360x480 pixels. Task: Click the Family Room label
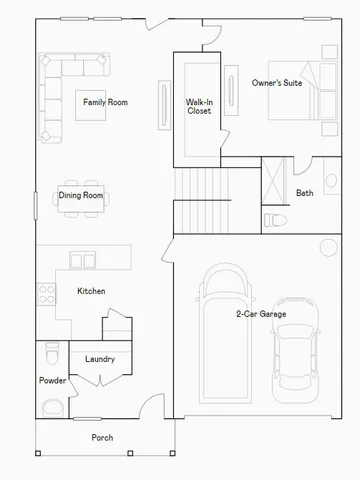[104, 102]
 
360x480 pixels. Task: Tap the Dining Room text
[80, 195]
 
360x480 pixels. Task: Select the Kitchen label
[91, 291]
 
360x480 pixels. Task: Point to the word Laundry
[99, 359]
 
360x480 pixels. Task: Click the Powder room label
[52, 381]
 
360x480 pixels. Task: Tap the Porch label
[102, 438]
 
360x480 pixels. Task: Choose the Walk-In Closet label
[198, 106]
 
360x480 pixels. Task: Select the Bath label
[305, 193]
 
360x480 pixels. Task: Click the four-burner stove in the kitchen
[45, 293]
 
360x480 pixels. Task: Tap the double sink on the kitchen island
[75, 259]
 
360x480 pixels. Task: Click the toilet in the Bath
[274, 218]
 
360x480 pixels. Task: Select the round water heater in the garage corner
[328, 248]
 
